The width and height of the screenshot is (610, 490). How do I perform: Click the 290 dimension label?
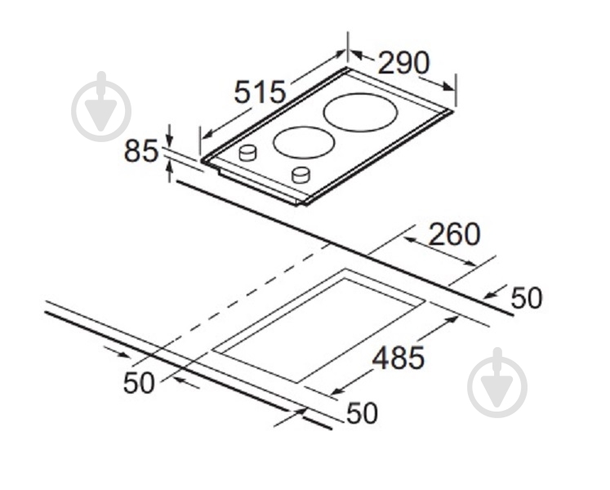[x=404, y=63]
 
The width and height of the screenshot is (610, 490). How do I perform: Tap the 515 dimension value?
[x=260, y=92]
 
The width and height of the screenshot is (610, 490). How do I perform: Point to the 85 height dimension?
[x=141, y=151]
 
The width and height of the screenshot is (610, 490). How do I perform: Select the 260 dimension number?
[x=454, y=234]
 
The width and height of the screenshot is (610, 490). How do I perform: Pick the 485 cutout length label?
[x=399, y=358]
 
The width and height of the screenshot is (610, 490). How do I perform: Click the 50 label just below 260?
[x=526, y=298]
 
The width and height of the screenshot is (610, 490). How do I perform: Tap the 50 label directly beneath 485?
[x=362, y=412]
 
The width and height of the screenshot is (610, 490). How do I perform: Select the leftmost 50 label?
[x=139, y=382]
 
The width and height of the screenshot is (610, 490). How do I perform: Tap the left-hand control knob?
[x=247, y=153]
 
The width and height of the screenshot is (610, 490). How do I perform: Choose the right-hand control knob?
[x=301, y=175]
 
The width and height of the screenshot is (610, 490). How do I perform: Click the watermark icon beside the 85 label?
[x=101, y=106]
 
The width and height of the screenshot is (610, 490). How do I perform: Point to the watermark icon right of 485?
[x=497, y=383]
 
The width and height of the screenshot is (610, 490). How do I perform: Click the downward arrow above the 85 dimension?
[x=170, y=135]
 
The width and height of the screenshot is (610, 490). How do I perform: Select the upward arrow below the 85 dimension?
[x=170, y=172]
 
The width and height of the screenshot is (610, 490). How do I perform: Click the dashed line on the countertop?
[x=232, y=304]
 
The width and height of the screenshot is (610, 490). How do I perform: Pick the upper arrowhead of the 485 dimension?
[x=452, y=320]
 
